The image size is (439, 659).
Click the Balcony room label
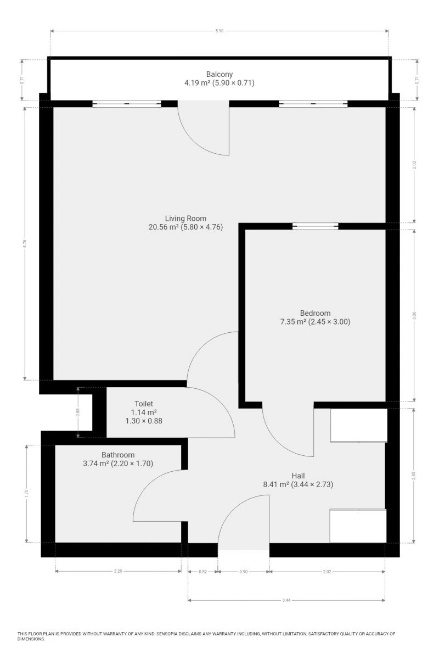[x=219, y=74]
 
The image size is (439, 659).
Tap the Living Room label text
[x=185, y=219]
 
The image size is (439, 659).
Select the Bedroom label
[x=315, y=313]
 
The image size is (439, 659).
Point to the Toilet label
[x=144, y=404]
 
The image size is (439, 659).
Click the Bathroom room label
[x=118, y=455]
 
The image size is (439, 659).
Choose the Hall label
[x=298, y=476]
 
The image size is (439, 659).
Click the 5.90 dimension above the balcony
[x=219, y=31]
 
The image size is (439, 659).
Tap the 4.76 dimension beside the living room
[x=25, y=244]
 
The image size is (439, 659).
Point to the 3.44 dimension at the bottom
[x=286, y=600]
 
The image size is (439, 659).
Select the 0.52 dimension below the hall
[x=203, y=572]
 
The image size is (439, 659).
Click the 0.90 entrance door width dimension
[x=244, y=572]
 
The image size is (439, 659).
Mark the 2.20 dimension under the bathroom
[x=118, y=571]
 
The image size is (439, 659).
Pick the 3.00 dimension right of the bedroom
[x=414, y=315]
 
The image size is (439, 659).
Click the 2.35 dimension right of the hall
[x=414, y=476]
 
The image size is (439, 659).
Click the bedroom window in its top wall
[x=315, y=226]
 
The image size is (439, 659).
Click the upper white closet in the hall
[x=359, y=425]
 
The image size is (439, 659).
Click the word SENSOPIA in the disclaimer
[x=168, y=633]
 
